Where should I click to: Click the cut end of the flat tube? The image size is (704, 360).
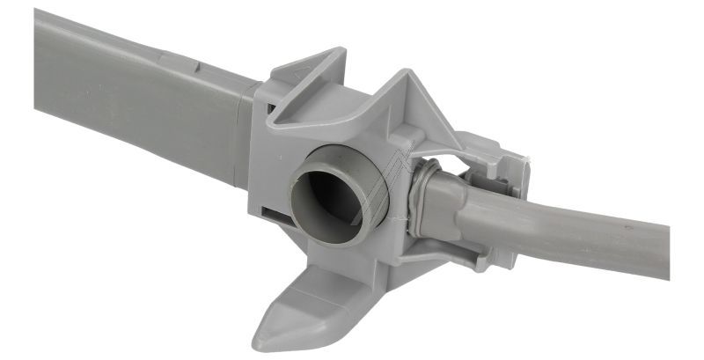pos(40,53)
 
